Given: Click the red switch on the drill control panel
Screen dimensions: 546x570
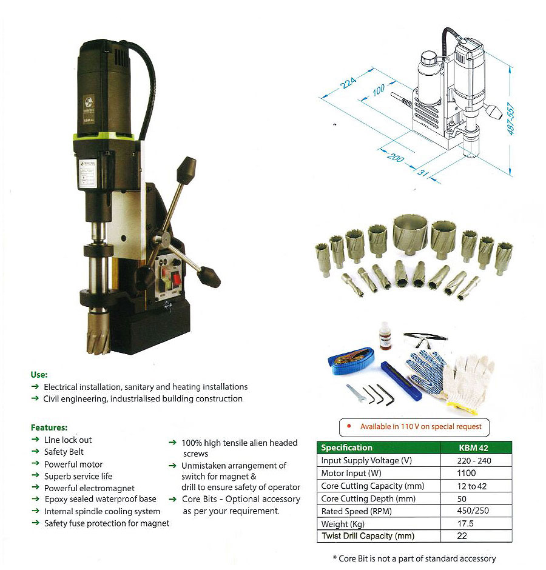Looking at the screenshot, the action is (x=177, y=279).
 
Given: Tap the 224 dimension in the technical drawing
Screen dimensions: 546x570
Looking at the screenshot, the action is (x=348, y=82).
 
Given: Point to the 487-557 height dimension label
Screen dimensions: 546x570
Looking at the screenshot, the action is (x=511, y=119).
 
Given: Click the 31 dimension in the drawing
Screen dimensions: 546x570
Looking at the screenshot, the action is (x=423, y=173).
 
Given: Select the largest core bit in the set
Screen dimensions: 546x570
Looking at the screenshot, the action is (x=410, y=233).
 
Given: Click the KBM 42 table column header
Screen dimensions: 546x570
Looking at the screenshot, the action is (x=473, y=448).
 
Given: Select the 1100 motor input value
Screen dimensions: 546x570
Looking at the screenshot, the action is (x=467, y=473).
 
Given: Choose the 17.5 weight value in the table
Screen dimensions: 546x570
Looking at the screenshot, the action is (x=465, y=523).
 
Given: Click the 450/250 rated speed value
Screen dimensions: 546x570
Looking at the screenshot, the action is (x=473, y=511).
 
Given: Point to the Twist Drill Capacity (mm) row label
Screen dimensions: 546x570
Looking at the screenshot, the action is (x=368, y=536).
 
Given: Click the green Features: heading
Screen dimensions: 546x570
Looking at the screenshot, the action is (x=49, y=428).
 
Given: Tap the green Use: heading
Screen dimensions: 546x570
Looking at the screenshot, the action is (x=39, y=375).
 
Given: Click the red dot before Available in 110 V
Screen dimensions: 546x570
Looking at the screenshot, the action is (x=349, y=426).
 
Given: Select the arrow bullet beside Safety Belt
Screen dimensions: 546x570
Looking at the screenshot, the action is (x=35, y=451).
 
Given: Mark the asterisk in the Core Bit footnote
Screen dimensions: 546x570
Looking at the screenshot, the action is (x=335, y=558).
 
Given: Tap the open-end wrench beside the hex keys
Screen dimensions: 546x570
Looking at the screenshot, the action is (x=355, y=394).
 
